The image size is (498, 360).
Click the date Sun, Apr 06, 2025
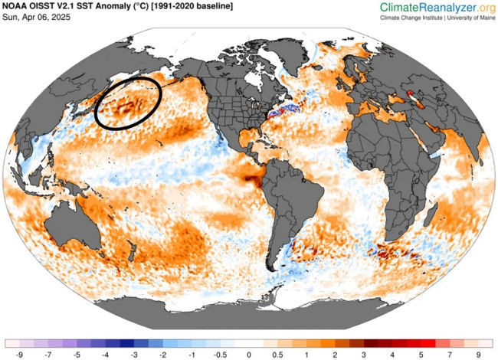38,18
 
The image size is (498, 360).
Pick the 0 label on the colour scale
249,355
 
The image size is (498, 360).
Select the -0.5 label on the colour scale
220,355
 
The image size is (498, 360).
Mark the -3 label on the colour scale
135,355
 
